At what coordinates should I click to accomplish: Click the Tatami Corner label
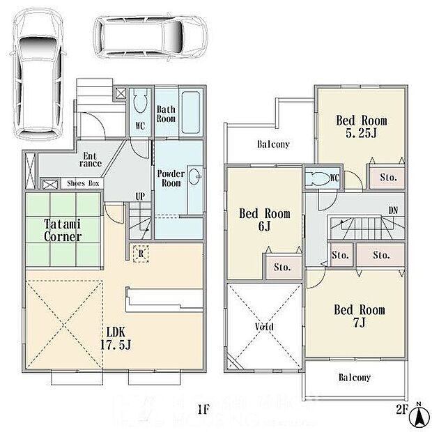tap(63, 231)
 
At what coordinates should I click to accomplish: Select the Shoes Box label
tap(83, 183)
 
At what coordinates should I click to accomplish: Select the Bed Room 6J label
tap(265, 220)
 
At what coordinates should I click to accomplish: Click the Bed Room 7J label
tap(359, 316)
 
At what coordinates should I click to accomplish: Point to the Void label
tap(264, 327)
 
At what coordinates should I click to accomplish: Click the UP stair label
tap(140, 197)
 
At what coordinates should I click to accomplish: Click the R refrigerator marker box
tap(140, 254)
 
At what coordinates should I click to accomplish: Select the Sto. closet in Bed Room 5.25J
tap(387, 178)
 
